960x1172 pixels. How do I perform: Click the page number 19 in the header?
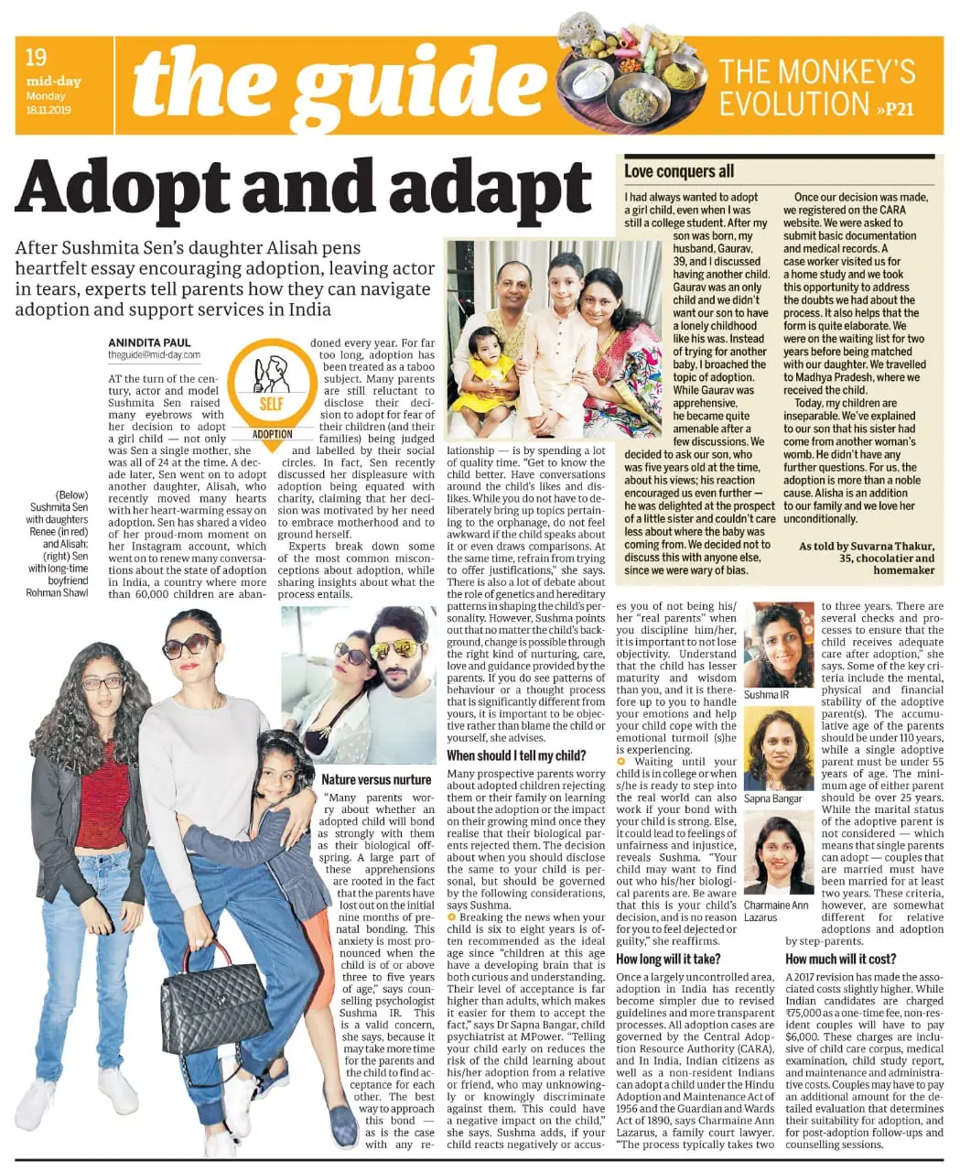pos(36,58)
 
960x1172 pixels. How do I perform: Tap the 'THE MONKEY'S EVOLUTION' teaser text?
pos(817,87)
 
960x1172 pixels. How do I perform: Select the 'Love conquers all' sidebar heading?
pos(679,171)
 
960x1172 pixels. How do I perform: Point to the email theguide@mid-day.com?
pos(154,355)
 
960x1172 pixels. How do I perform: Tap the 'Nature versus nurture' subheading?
pos(376,780)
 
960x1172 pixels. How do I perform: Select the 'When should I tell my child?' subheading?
pos(516,755)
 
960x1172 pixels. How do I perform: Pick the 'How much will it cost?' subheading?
pos(840,959)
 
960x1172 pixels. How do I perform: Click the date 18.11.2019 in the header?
pos(49,110)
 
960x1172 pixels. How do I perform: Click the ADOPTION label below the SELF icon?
pos(272,434)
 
